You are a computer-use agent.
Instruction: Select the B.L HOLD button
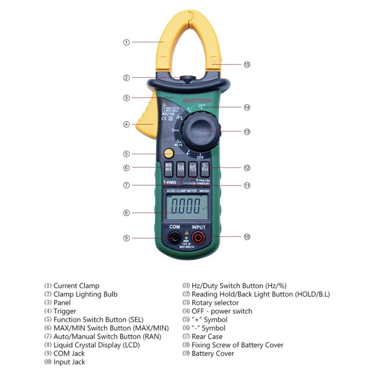tap(205, 168)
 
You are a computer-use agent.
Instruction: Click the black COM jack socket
tap(175, 239)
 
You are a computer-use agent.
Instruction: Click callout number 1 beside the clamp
tap(126, 42)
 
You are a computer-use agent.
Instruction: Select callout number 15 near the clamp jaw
tap(247, 64)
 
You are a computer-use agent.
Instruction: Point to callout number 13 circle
tap(247, 132)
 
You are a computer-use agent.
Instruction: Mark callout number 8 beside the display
tap(126, 213)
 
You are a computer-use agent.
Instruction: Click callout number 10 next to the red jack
tap(247, 237)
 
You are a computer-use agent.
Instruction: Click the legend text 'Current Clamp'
tap(76, 286)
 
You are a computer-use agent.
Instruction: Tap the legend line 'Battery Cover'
tap(213, 353)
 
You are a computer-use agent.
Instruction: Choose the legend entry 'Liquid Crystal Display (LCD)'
tap(96, 345)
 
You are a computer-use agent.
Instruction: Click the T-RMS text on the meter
tap(169, 183)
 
